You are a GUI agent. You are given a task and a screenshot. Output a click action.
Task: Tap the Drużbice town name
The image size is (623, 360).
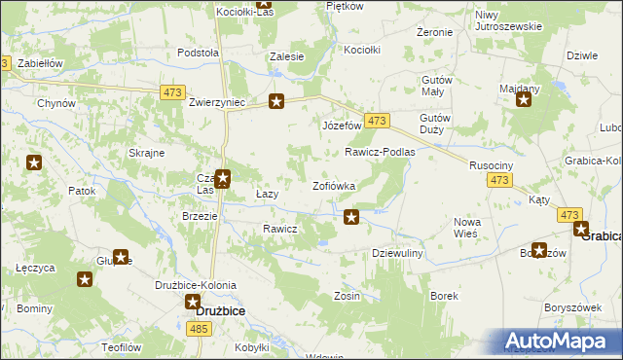coord(220,310)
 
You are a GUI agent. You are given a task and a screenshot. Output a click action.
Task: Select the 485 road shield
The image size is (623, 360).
coord(199,330)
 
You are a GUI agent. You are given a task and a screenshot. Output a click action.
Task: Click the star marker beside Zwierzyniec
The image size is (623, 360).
coord(276,101)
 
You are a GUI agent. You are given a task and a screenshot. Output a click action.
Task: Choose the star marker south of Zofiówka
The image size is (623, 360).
coord(351,217)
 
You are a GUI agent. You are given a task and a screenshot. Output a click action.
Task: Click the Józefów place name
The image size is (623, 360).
coord(342,126)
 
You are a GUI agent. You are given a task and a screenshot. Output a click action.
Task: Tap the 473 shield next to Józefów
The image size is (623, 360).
coord(379,121)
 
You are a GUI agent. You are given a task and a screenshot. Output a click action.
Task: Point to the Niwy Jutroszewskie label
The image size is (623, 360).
coord(507,20)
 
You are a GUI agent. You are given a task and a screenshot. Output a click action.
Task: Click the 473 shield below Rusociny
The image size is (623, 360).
coord(500,181)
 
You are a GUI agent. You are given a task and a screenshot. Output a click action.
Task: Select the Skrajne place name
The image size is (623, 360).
coord(145,153)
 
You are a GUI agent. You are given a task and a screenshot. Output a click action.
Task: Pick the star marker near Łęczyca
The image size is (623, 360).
coord(85,280)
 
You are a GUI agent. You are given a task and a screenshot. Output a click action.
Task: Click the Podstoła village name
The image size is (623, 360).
coord(198,54)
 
